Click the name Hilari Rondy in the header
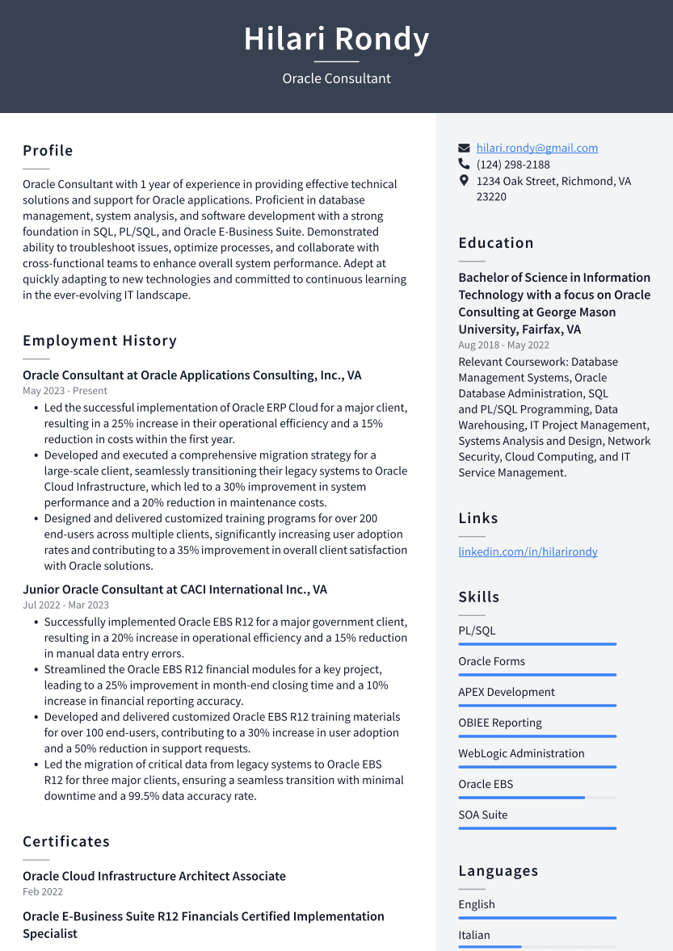[336, 39]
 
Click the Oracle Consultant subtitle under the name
[336, 78]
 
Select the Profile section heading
[48, 151]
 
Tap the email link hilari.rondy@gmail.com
[536, 148]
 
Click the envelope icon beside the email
[464, 149]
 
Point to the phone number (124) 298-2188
[513, 165]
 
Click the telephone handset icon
[464, 165]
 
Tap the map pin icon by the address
[464, 181]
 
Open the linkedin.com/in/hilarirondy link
[528, 551]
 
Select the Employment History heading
[99, 341]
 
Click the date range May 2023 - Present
[65, 391]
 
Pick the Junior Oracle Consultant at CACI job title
[175, 589]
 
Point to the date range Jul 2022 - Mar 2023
[65, 605]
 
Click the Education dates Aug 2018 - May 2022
[503, 346]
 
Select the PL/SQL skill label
[477, 631]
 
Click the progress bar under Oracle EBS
[536, 798]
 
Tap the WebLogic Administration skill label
[521, 753]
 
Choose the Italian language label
[474, 935]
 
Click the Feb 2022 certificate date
[43, 892]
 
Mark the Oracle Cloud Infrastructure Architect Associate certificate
[154, 876]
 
